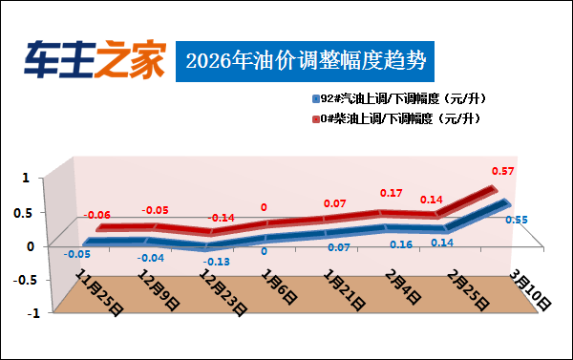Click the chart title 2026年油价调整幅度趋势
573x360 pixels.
(x=305, y=60)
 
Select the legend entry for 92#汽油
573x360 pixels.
(x=396, y=99)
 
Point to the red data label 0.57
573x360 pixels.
(x=503, y=171)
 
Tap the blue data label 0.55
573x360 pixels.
(x=516, y=221)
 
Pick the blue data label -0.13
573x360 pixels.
(x=217, y=262)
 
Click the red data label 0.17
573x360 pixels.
(x=392, y=193)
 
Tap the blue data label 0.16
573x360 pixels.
(x=401, y=244)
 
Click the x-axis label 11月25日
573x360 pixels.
(x=98, y=291)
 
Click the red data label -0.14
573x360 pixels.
(x=222, y=218)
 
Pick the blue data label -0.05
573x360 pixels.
(x=77, y=254)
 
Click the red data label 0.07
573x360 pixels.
(x=334, y=203)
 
